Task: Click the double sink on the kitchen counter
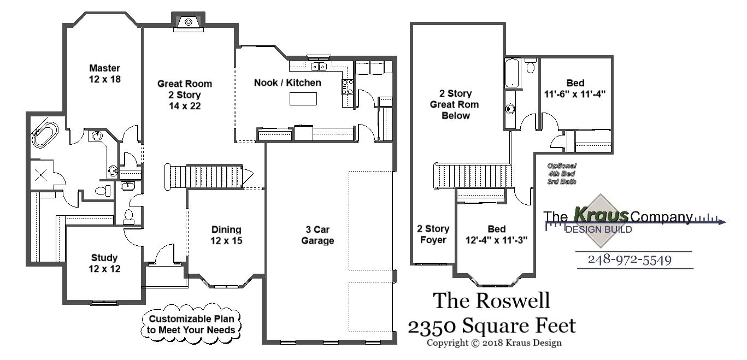point(319,67)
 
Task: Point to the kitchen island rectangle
point(303,99)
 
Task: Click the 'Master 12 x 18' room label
point(104,74)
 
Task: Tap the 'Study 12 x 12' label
point(104,263)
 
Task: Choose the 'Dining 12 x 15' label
point(226,235)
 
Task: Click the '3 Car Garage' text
point(317,235)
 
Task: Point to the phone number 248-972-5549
point(630,259)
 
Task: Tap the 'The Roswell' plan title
point(491,300)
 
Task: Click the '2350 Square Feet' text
point(491,326)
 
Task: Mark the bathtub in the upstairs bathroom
point(511,74)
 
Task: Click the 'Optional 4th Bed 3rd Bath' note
point(562,173)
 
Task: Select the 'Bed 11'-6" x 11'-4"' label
point(575,88)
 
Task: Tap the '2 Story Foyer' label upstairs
point(433,234)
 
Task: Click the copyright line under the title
point(494,343)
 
